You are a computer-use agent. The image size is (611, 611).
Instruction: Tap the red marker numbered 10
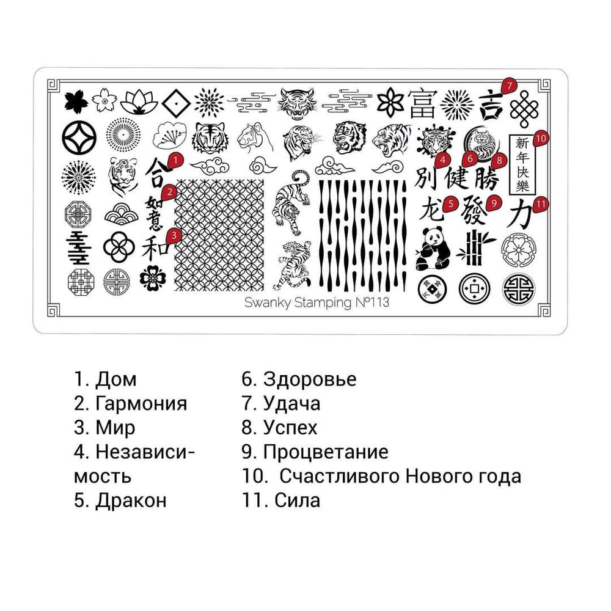pos(540,138)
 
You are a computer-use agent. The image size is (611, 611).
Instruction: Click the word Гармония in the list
pos(141,403)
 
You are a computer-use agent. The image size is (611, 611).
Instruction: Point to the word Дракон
pos(131,500)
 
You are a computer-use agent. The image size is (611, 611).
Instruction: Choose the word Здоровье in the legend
pos(310,379)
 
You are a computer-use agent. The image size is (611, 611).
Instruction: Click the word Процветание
pos(326,452)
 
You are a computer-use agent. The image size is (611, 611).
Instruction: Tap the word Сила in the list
pos(298,500)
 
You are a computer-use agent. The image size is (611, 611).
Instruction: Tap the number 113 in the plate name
pos(376,302)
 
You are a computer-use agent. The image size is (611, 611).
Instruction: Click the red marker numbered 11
pos(539,203)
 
